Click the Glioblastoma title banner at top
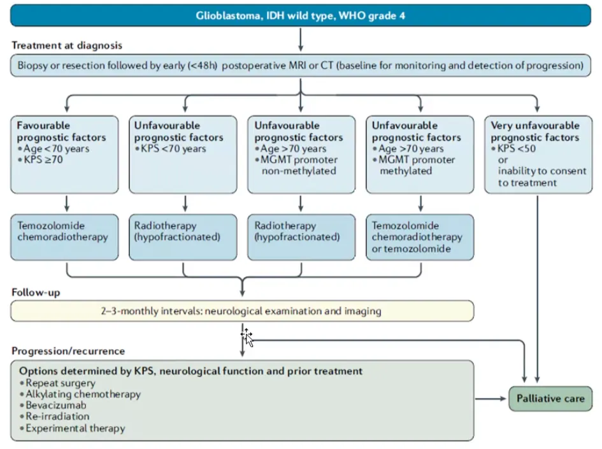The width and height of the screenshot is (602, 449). (x=300, y=15)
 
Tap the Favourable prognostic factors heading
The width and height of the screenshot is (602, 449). (x=61, y=131)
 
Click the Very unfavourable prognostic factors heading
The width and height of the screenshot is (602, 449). (x=535, y=131)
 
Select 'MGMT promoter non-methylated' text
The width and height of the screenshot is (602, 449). (x=299, y=165)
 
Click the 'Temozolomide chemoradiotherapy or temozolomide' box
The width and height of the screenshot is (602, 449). (x=420, y=237)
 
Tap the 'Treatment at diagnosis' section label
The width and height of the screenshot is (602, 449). (x=67, y=46)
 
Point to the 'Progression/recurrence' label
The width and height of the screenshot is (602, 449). (x=68, y=351)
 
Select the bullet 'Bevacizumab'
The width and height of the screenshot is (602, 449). (x=56, y=405)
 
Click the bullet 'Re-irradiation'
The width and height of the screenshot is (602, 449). (x=57, y=417)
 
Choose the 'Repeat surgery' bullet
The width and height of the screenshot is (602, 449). (x=61, y=383)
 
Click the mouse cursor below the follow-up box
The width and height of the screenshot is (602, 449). (x=247, y=338)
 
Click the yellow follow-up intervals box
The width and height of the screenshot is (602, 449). (x=242, y=311)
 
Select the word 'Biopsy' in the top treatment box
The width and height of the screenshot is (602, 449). (x=32, y=66)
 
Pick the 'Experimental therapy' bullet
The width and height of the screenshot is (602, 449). (x=75, y=428)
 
